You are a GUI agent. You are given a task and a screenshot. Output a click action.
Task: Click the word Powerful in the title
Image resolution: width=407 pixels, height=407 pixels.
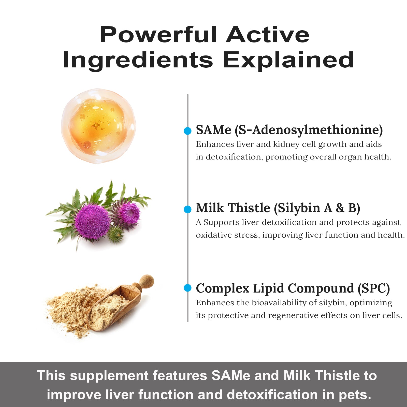(158, 35)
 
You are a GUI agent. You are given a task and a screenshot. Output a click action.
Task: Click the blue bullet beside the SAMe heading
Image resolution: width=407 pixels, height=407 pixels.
(187, 131)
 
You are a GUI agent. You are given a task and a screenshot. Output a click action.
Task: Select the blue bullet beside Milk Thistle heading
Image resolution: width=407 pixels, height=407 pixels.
(187, 209)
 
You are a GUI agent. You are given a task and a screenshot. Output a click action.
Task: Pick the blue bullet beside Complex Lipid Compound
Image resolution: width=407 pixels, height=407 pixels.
(187, 288)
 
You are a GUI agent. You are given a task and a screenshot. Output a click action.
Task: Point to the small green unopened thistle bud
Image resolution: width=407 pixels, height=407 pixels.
(116, 234)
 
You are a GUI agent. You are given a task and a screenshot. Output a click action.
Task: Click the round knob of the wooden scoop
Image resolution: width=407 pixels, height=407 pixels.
(147, 281)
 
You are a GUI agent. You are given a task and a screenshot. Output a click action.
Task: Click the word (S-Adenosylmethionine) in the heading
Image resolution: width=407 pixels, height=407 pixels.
(309, 130)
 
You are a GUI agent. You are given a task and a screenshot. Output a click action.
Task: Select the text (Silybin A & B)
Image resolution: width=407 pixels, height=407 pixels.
(317, 208)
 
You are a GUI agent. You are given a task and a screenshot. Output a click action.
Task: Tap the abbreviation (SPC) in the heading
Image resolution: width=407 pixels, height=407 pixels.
(374, 288)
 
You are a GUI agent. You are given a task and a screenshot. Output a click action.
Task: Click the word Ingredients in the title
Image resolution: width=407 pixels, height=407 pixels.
(138, 60)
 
